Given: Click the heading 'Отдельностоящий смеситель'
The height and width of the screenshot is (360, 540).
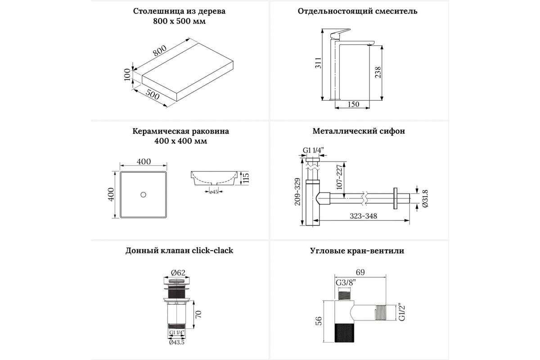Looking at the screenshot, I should point(358,11).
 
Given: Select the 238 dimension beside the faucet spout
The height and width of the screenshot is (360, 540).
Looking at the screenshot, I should point(378,72).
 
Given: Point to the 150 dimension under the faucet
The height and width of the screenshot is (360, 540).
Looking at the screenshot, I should point(354,104).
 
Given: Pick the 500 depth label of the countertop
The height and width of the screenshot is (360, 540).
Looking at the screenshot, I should point(153,95).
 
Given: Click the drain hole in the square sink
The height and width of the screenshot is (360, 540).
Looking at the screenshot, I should point(143,194).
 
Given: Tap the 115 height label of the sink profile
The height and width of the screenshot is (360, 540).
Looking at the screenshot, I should point(246,177).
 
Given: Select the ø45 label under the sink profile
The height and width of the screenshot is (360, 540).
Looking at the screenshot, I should point(214,192).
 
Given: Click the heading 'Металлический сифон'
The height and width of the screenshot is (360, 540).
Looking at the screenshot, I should point(359,131).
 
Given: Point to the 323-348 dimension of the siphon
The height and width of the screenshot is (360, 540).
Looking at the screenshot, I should point(364,216).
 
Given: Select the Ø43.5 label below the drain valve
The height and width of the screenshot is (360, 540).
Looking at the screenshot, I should point(176,342).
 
